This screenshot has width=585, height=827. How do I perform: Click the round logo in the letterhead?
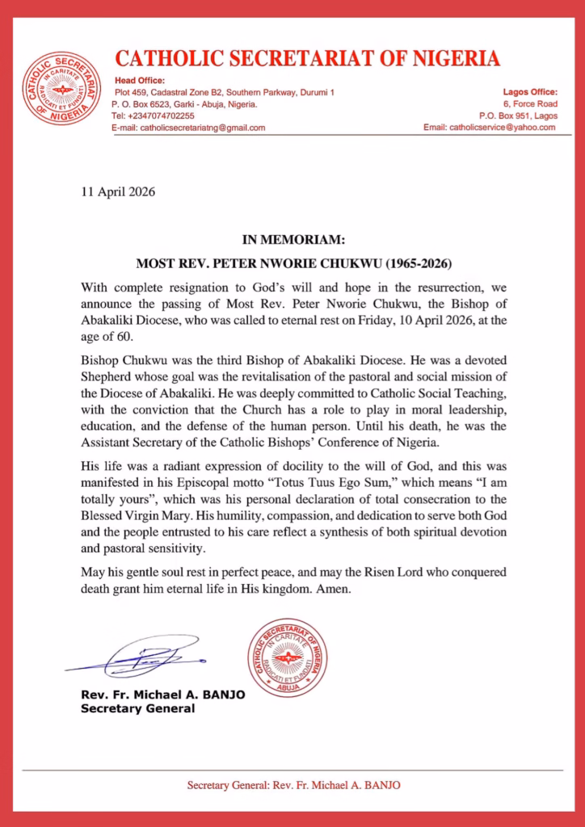(61, 89)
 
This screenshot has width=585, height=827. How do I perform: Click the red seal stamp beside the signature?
(287, 657)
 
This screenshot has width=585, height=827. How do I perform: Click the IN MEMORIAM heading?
(294, 239)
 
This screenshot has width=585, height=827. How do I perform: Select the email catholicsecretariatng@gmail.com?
(202, 128)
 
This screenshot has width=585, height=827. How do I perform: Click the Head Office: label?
(139, 80)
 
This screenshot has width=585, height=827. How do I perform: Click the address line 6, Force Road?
(530, 103)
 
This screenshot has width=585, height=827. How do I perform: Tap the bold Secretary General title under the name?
(138, 708)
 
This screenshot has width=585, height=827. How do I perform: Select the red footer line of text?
(293, 785)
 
